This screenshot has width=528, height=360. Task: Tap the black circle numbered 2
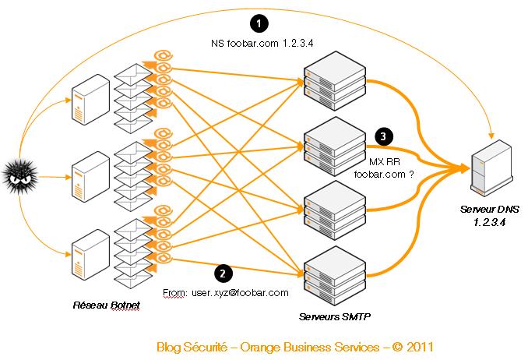pos(224,274)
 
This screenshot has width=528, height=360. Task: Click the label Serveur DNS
pos(488,210)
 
